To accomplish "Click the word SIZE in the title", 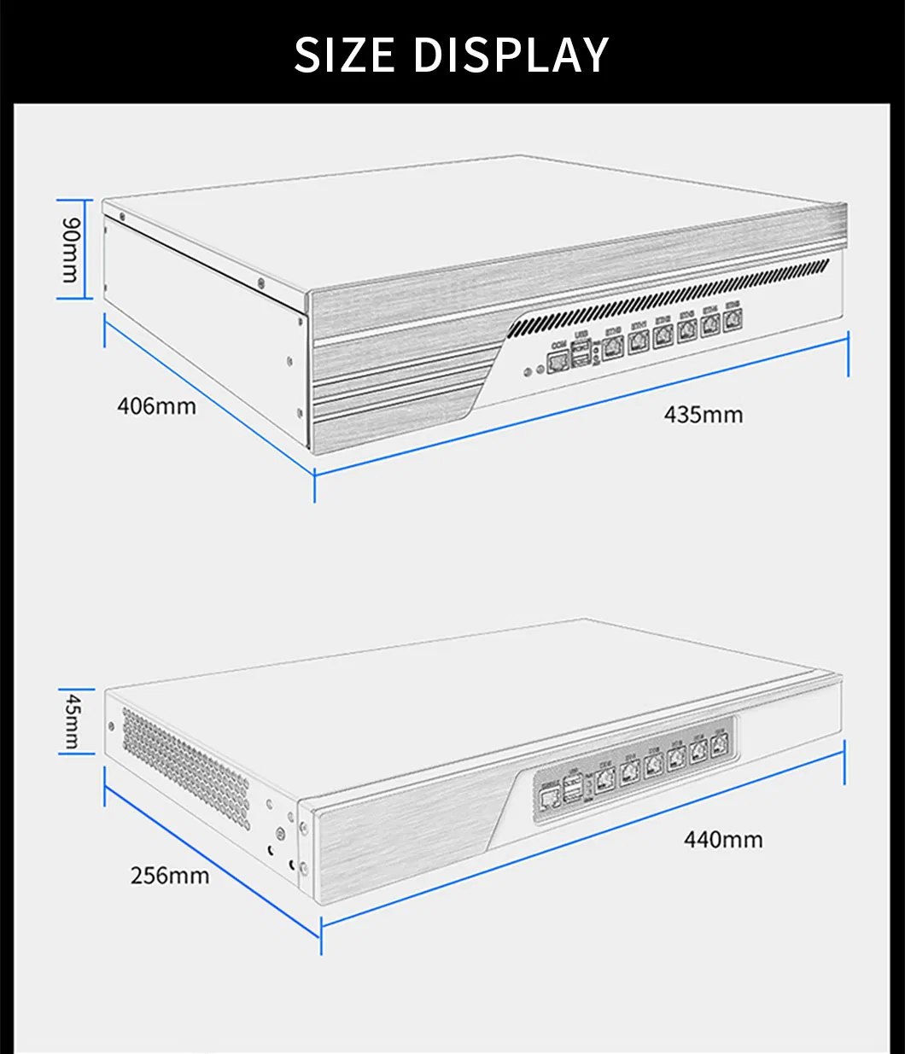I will [x=344, y=55].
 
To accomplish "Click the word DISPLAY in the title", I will [x=511, y=55].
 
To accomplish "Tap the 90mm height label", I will [x=70, y=249].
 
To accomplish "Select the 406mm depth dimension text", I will [x=156, y=405].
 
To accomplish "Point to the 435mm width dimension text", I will [x=704, y=415].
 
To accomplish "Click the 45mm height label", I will [x=73, y=721].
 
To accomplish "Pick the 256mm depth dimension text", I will [x=170, y=875].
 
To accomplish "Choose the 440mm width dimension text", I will [x=723, y=840].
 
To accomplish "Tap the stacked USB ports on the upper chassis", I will [x=581, y=354].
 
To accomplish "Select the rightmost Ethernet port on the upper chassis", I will [x=733, y=322].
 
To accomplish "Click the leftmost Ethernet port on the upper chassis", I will [x=612, y=348].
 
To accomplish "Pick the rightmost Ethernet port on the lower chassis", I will [x=720, y=741].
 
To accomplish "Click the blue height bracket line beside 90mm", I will [x=58, y=249].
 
